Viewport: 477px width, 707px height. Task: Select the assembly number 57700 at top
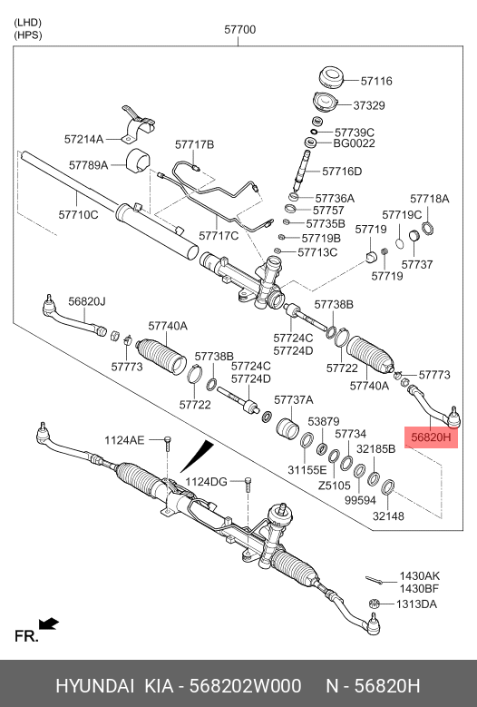pos(240,30)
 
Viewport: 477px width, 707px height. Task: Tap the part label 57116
pos(376,81)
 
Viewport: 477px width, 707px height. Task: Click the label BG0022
pos(354,143)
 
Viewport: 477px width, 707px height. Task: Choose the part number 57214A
pos(83,140)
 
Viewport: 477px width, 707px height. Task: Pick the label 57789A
pos(88,165)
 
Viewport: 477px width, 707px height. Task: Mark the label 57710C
pos(78,215)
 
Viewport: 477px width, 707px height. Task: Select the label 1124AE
pos(125,440)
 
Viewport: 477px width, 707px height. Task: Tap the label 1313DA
pos(418,604)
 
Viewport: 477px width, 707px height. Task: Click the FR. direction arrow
pos(49,624)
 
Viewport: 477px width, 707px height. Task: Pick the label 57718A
pos(429,198)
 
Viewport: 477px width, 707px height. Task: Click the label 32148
pos(387,516)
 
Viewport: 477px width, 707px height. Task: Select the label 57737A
pos(293,399)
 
